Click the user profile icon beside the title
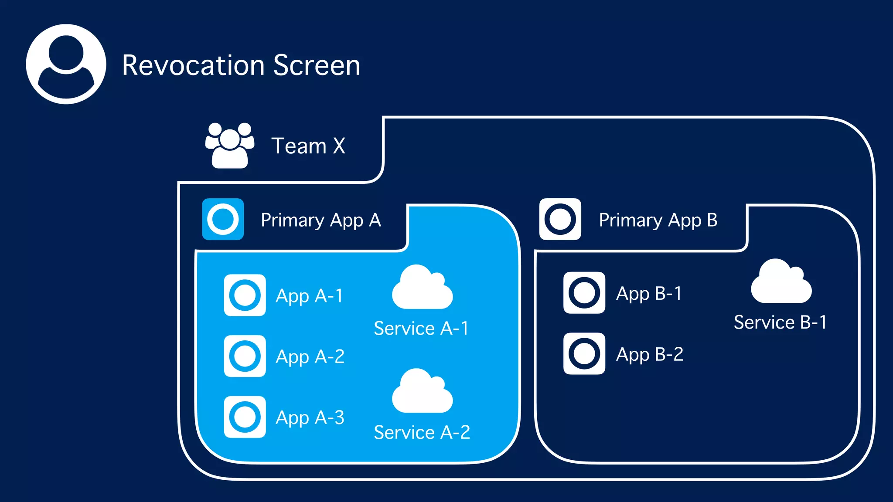(x=66, y=64)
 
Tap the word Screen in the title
(x=317, y=65)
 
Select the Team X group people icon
(x=230, y=146)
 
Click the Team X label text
(x=308, y=146)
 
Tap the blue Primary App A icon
(x=223, y=219)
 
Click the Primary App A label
(x=320, y=220)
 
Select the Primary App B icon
(x=560, y=219)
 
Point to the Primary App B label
(x=658, y=220)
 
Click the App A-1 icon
(x=245, y=295)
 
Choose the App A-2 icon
(x=245, y=356)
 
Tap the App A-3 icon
(x=245, y=417)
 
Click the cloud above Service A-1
(x=422, y=288)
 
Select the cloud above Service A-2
(x=422, y=392)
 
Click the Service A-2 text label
(x=422, y=432)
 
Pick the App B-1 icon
(x=584, y=293)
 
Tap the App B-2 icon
(x=584, y=353)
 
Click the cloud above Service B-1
(x=781, y=282)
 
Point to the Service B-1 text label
(x=780, y=322)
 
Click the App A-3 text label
(x=310, y=418)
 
